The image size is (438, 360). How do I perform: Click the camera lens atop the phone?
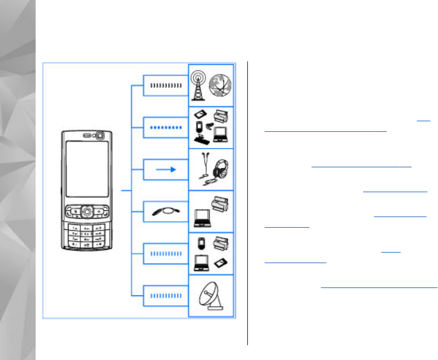(99, 136)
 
